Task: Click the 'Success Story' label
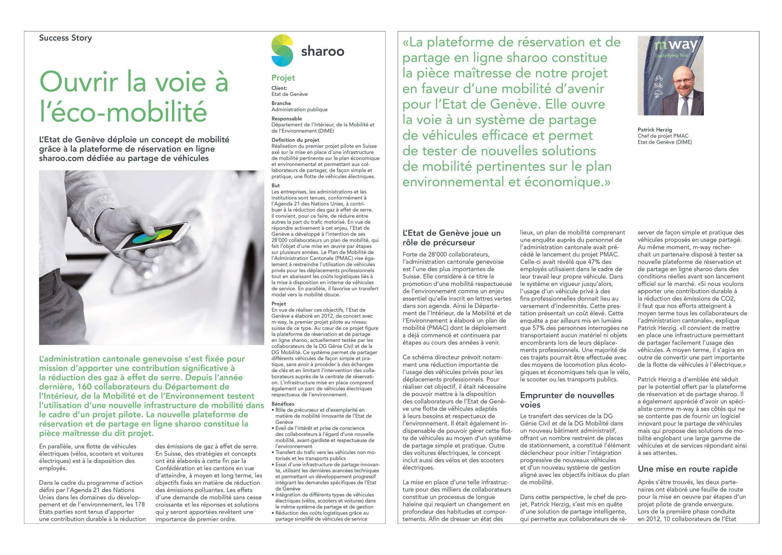[65, 38]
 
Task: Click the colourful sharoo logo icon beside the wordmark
[282, 51]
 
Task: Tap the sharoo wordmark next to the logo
[322, 51]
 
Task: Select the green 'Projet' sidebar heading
[283, 78]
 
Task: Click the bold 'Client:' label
[279, 88]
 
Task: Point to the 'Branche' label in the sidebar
[281, 103]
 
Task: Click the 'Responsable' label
[286, 119]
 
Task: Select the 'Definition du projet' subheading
[295, 140]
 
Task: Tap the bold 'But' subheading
[275, 186]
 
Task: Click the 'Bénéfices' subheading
[283, 404]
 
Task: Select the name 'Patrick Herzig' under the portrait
[655, 130]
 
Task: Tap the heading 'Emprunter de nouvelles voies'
[567, 400]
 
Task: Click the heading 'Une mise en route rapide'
[688, 469]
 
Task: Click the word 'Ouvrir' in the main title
[78, 82]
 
